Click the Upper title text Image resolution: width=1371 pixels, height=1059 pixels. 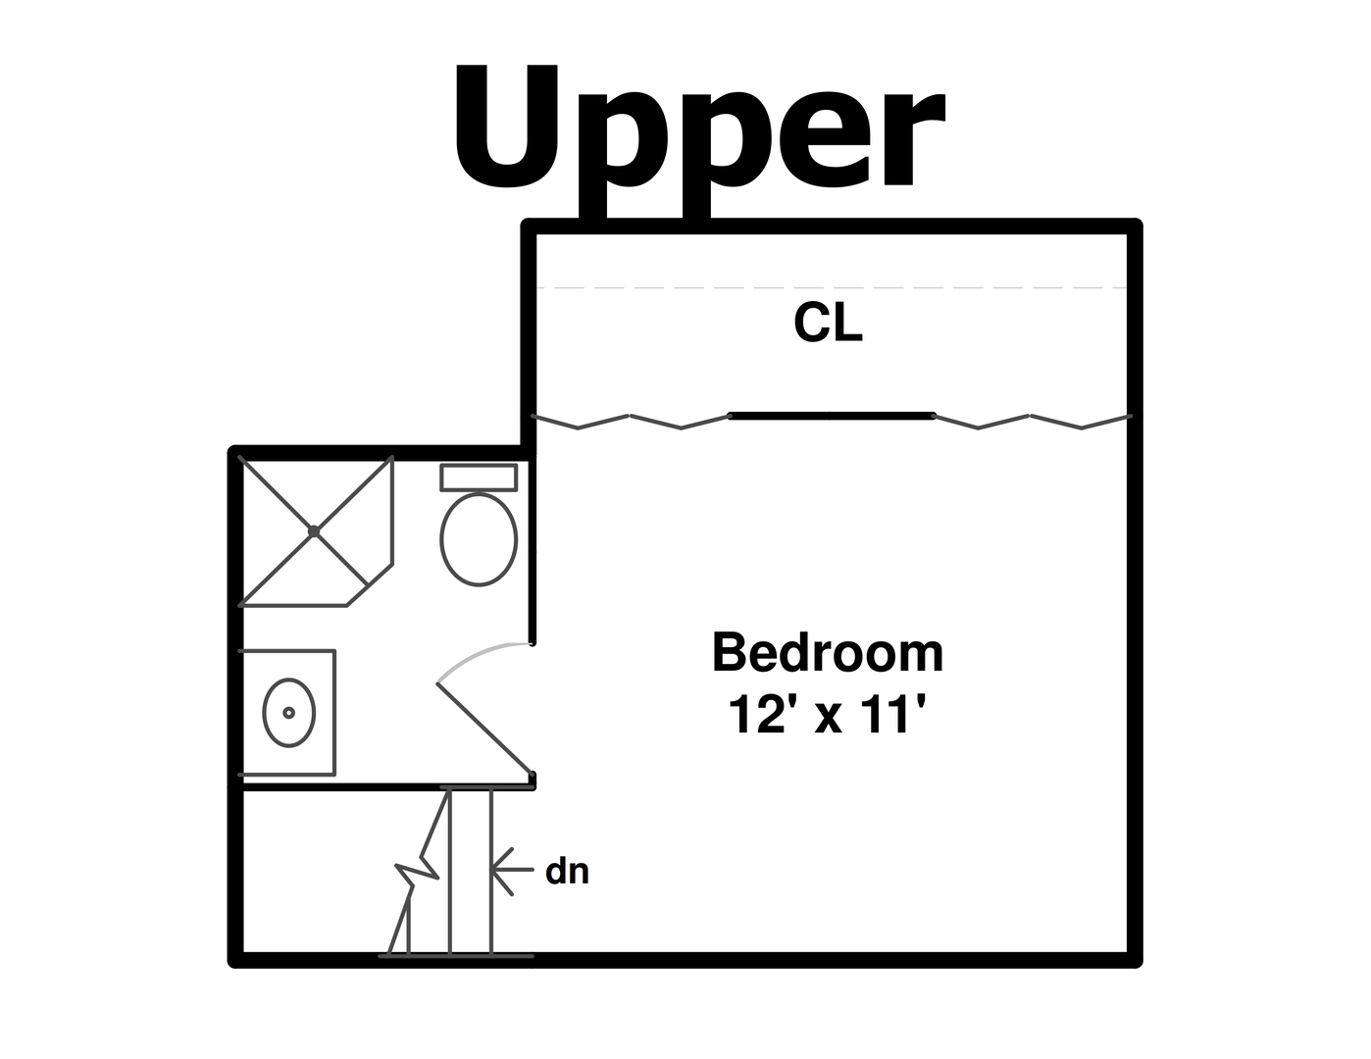point(699,140)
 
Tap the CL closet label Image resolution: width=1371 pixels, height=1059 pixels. point(828,323)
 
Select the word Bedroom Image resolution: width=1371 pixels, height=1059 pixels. point(828,652)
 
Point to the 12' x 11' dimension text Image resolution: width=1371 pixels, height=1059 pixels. point(827,715)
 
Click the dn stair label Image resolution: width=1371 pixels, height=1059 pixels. point(567,872)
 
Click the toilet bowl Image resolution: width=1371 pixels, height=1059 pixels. point(479,539)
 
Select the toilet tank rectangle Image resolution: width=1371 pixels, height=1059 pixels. point(479,478)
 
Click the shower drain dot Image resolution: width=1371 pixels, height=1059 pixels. point(314,531)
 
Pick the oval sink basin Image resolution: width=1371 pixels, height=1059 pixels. point(289,713)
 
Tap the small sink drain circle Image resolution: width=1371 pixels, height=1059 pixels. point(289,713)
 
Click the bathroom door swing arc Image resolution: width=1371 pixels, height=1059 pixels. point(474,654)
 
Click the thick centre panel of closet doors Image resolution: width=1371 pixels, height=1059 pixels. point(832,416)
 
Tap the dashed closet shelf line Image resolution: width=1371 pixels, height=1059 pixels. point(832,287)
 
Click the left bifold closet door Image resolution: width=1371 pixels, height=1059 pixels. point(631,422)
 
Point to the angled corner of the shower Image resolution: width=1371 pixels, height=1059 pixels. point(370,585)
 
